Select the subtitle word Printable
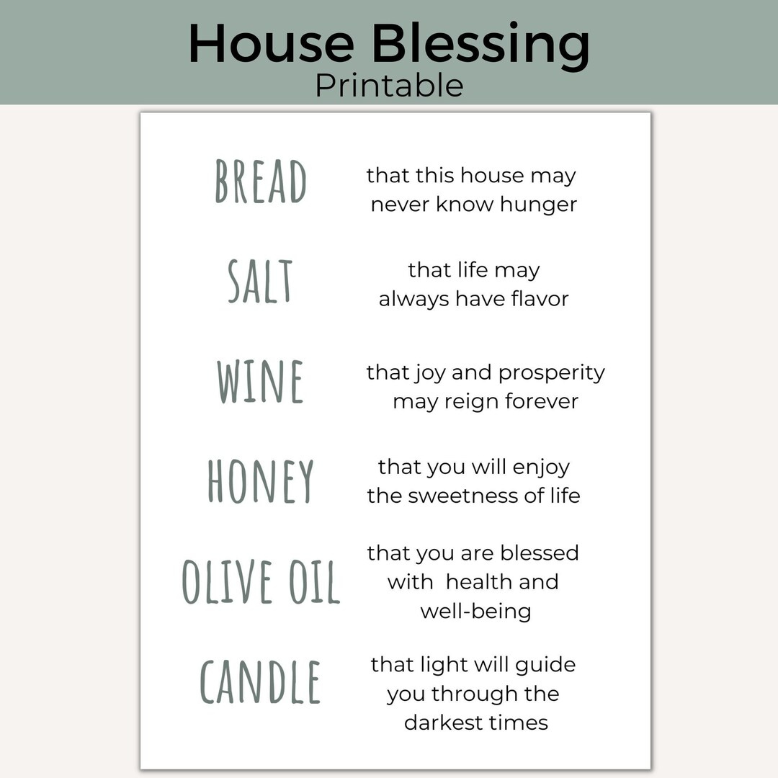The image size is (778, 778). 389,85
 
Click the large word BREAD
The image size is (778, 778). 261,182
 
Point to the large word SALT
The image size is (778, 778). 260,281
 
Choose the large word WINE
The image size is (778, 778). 260,382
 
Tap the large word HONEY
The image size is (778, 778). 261,481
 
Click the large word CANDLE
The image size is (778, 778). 260,682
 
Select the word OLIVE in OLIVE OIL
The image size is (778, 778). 227,581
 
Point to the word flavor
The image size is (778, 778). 540,298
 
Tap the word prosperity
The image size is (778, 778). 552,373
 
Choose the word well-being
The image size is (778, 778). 475,611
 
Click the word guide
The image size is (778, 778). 547,666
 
